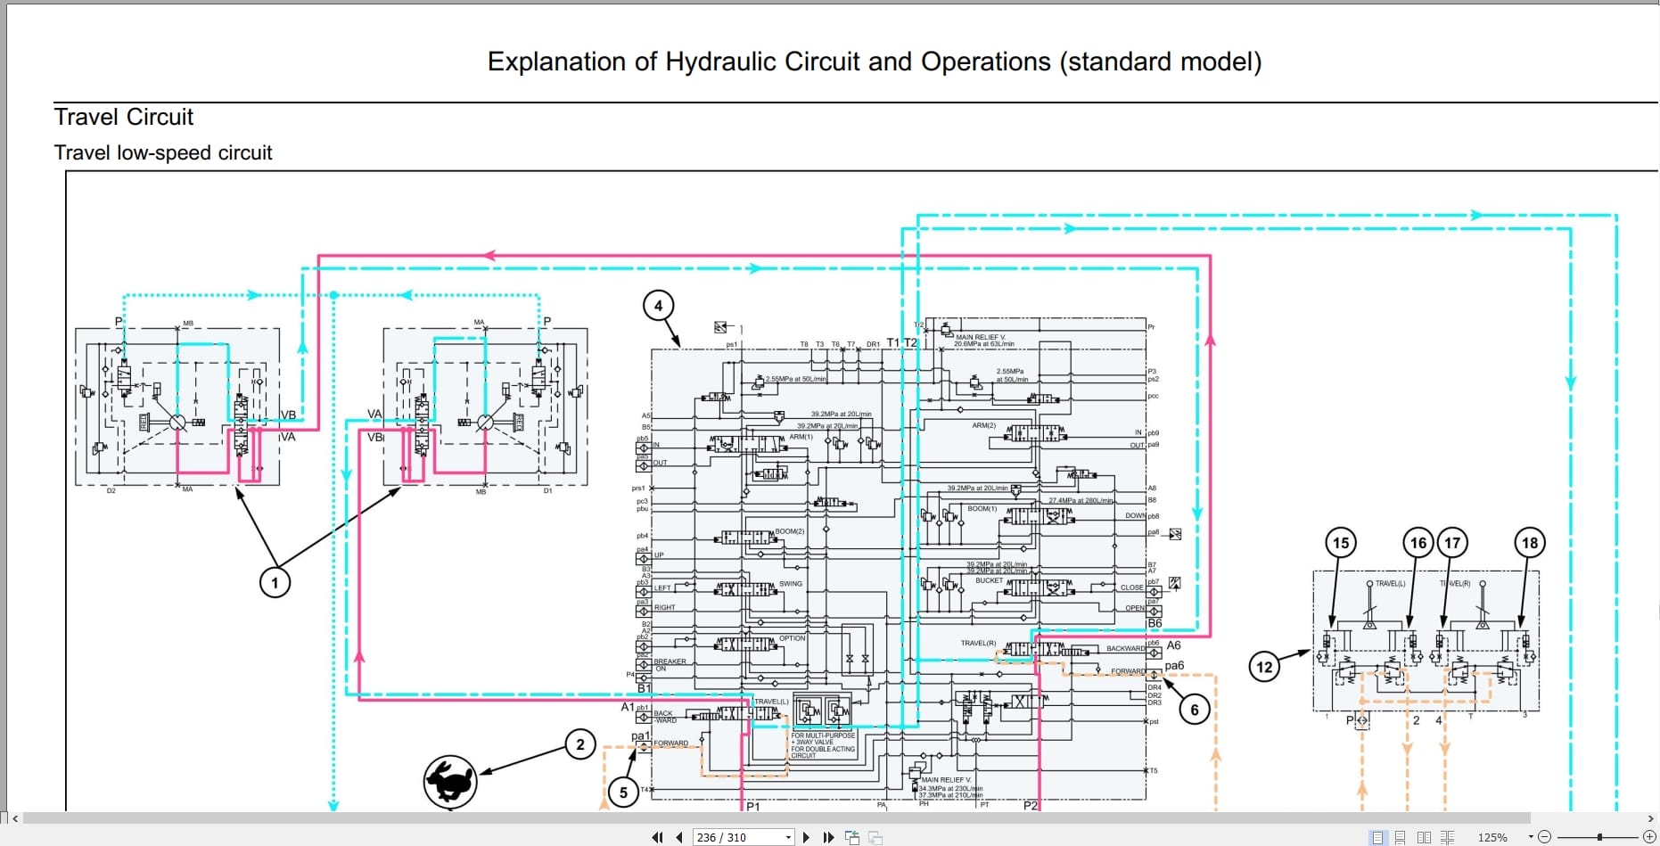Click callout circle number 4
tap(658, 306)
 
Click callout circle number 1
tap(275, 583)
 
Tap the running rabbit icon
tap(450, 782)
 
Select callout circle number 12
tap(1264, 667)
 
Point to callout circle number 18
tap(1530, 543)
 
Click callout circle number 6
tap(1195, 710)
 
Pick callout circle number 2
tap(580, 744)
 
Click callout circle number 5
tap(623, 792)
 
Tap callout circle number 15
tap(1341, 543)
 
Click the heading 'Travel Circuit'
tap(124, 118)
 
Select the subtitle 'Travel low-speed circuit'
tap(163, 153)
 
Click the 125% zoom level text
tap(1492, 837)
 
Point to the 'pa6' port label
tap(1174, 666)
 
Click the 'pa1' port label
tap(640, 736)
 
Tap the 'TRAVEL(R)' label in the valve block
tap(978, 643)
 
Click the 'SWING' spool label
tap(791, 584)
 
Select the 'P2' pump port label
tap(1031, 806)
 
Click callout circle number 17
tap(1452, 543)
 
